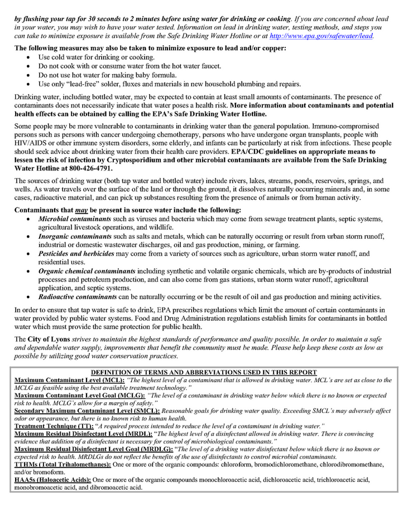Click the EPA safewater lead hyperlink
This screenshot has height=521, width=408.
point(321,36)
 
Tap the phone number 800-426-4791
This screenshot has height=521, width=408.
point(85,168)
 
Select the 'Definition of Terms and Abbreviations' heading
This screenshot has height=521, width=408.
point(204,372)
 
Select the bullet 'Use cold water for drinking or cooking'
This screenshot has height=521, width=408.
point(96,57)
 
